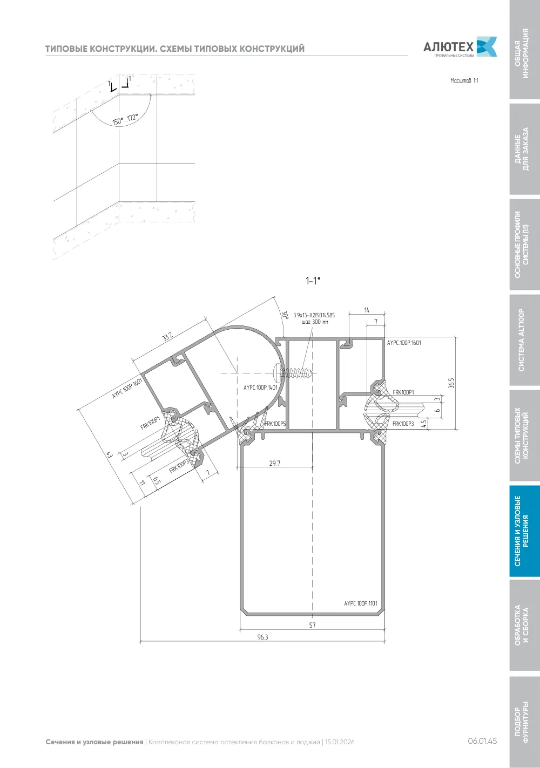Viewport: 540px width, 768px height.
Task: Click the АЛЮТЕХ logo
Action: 460,46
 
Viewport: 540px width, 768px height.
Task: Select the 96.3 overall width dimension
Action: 263,637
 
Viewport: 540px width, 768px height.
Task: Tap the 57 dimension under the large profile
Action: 312,625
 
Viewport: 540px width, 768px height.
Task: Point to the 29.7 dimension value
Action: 275,463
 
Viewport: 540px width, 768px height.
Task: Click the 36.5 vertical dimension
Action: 451,383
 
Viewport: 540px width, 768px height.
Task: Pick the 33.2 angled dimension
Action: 167,337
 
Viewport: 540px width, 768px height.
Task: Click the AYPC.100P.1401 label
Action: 260,388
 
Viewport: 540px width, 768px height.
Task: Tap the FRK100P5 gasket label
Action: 275,424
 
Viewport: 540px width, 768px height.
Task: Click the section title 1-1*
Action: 313,281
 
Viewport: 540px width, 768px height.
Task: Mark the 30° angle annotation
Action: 285,315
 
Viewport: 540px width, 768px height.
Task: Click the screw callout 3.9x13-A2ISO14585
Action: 314,315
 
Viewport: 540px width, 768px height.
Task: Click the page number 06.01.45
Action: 482,741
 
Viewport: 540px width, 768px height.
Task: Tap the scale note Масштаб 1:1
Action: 464,80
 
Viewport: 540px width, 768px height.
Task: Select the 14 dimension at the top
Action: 367,310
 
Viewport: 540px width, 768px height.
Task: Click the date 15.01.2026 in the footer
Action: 340,742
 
